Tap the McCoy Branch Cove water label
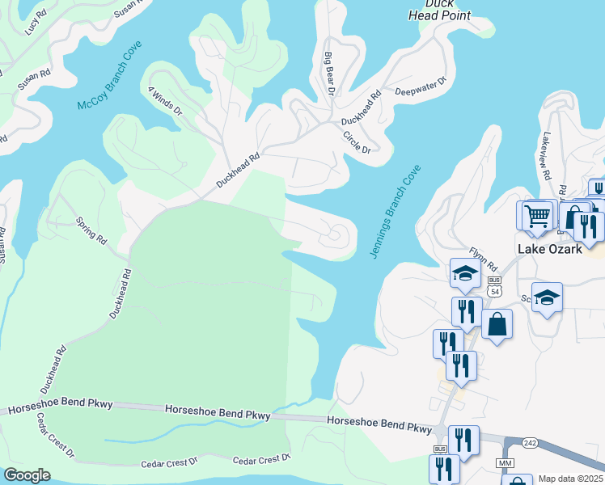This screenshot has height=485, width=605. click(x=104, y=85)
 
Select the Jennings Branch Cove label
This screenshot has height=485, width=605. click(x=396, y=212)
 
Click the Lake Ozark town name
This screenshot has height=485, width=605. click(x=550, y=249)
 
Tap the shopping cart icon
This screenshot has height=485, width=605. click(x=536, y=216)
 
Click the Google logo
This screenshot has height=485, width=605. click(x=27, y=475)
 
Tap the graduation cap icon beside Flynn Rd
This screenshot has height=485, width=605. click(x=466, y=274)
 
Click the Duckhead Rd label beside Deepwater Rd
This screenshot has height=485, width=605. click(x=361, y=108)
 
